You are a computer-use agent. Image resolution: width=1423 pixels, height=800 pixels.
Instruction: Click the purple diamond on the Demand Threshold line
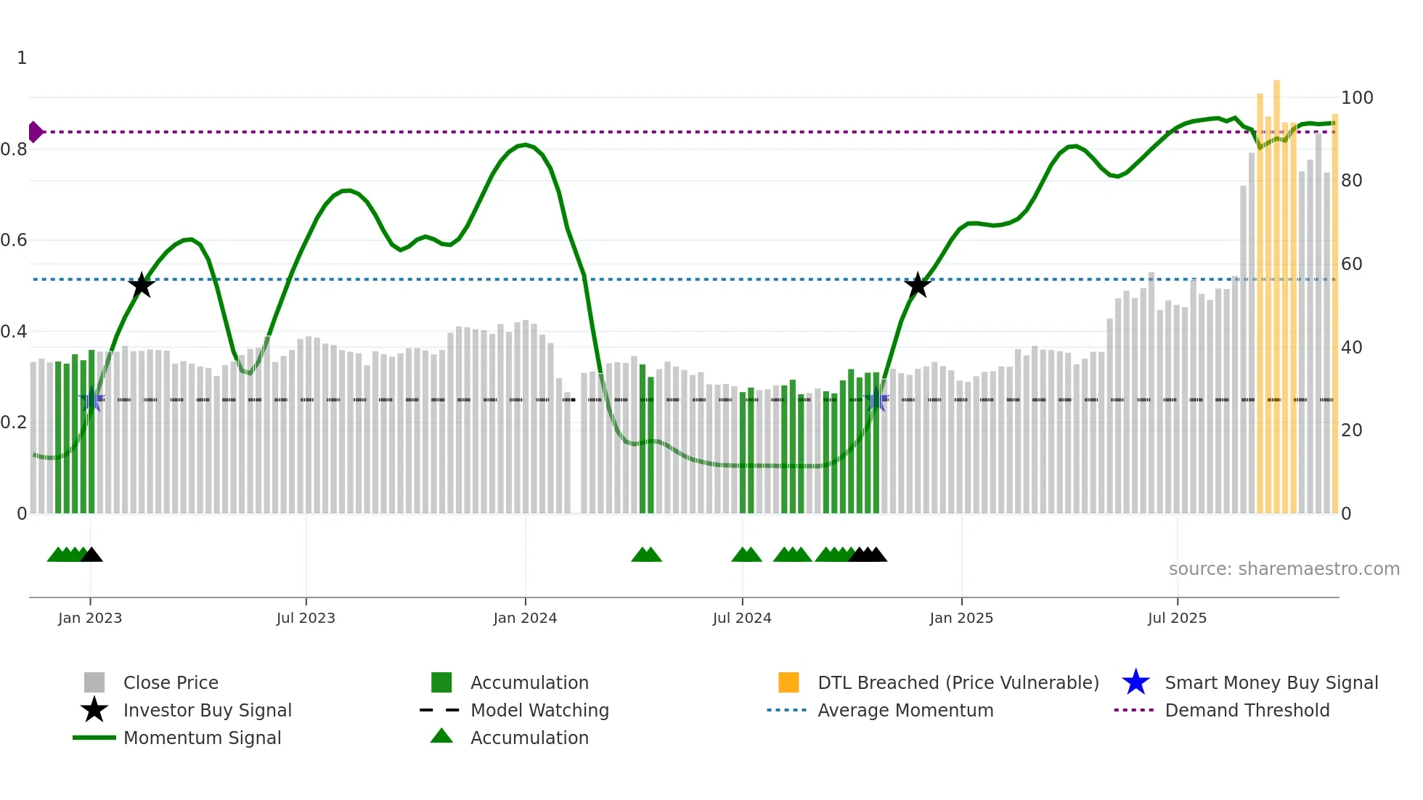(x=35, y=132)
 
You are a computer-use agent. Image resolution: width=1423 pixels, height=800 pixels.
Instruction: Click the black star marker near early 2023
(x=142, y=285)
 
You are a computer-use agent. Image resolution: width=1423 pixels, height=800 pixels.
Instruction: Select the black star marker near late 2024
(x=918, y=285)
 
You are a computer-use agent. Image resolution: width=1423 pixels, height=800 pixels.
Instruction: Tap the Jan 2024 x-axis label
(x=525, y=619)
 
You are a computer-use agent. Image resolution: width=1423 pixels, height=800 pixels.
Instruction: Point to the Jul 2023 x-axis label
(x=306, y=619)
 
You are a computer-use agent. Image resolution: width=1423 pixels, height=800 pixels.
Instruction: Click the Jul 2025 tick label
(x=1177, y=619)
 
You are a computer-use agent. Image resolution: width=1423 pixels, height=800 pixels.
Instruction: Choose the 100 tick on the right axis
(x=1357, y=98)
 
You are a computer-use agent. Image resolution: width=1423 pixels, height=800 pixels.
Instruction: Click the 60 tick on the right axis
(x=1351, y=264)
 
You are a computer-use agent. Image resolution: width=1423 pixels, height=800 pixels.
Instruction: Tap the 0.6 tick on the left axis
(x=14, y=240)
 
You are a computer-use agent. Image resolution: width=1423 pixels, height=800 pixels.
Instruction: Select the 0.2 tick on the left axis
(x=14, y=423)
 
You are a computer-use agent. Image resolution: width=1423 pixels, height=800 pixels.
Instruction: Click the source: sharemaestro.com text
(x=1284, y=569)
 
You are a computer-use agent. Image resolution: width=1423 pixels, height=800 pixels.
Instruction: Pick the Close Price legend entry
(x=171, y=683)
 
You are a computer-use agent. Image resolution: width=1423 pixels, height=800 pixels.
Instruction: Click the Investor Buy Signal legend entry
(x=207, y=711)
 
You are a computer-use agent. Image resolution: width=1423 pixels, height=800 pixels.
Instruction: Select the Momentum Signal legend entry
(x=202, y=738)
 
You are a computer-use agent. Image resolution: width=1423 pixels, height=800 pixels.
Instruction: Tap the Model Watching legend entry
(x=539, y=711)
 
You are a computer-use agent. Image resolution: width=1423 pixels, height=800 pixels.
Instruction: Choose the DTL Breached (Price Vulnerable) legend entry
(x=958, y=683)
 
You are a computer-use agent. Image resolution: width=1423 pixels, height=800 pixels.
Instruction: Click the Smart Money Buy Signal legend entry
(x=1271, y=683)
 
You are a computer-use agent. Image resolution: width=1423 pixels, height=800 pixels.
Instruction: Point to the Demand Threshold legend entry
(x=1247, y=711)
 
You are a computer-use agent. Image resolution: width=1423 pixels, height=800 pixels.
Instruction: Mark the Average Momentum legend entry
(x=905, y=711)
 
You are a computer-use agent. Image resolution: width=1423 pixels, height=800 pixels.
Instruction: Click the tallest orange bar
(x=1276, y=290)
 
